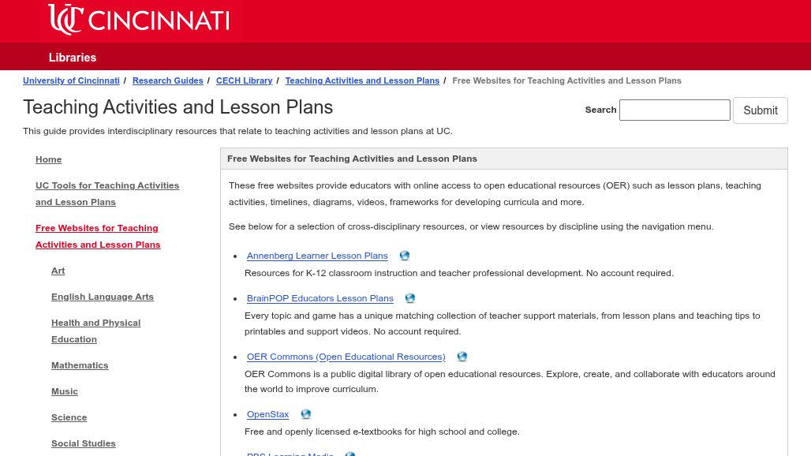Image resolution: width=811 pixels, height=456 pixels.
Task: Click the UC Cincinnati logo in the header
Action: pos(139,20)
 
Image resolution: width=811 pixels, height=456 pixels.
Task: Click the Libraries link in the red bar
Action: pos(73,58)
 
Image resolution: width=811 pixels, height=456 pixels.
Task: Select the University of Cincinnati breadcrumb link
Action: pos(71,80)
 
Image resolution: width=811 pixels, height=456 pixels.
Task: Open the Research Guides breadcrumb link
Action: pos(167,80)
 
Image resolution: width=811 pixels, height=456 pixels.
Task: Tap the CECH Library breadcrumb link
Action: pos(244,80)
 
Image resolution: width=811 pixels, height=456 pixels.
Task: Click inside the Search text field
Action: pos(675,110)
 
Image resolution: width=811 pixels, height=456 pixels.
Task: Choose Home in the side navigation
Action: pos(48,159)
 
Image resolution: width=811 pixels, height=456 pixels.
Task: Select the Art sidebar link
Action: pos(58,271)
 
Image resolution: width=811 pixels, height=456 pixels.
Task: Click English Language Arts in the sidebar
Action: pos(103,297)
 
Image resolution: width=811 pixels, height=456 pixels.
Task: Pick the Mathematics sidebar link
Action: pos(80,365)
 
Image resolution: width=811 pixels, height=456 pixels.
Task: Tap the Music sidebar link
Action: pos(65,391)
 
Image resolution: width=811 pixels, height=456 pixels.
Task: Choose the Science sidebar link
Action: pos(69,417)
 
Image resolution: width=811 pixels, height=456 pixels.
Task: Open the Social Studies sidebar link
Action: pos(83,443)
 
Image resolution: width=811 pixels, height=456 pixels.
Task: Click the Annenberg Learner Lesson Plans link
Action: pos(317,256)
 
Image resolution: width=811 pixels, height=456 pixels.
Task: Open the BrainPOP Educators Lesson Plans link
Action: pos(320,298)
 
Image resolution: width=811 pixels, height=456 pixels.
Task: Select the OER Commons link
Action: pos(346,357)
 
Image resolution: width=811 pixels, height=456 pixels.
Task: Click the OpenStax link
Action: pos(267,414)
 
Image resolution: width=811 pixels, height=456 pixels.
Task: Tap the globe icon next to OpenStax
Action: pos(306,414)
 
